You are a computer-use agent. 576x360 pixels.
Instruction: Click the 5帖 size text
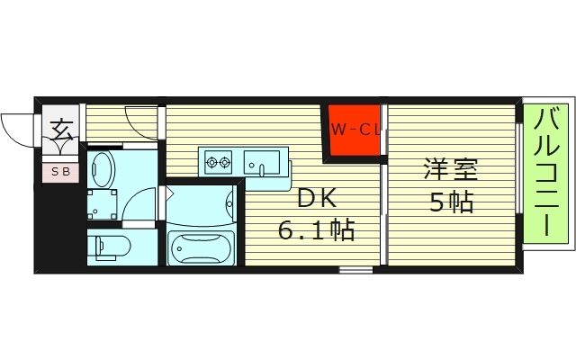(450, 202)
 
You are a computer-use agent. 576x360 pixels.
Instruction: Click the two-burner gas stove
(219, 163)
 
